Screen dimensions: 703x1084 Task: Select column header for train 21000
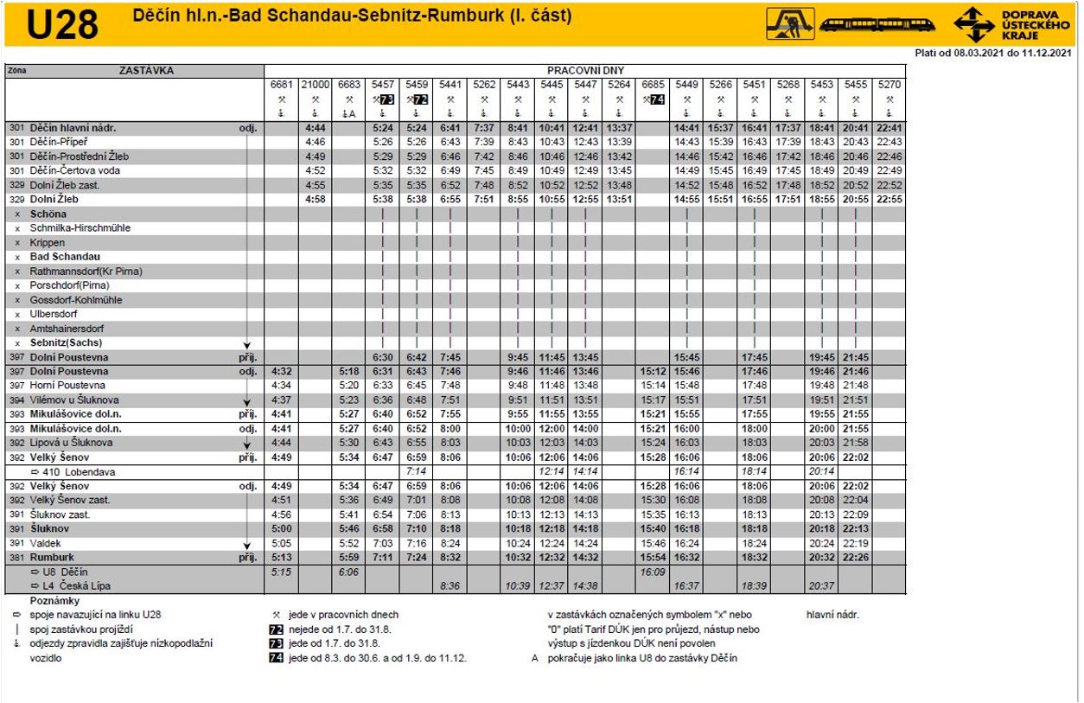click(315, 84)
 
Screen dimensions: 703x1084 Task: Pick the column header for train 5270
click(889, 84)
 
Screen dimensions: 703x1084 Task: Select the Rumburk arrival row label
click(52, 558)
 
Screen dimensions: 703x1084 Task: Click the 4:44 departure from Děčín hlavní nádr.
click(315, 128)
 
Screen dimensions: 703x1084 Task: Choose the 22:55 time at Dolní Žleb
click(889, 199)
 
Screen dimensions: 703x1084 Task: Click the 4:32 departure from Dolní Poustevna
click(281, 371)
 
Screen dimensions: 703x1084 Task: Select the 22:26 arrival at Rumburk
click(855, 558)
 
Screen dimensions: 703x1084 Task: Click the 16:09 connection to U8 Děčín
click(653, 572)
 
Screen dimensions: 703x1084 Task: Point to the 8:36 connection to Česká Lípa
click(450, 586)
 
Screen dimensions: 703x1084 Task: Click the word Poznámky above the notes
click(54, 600)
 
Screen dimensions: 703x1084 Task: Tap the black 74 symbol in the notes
click(277, 658)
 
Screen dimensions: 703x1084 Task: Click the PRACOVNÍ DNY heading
click(585, 70)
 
